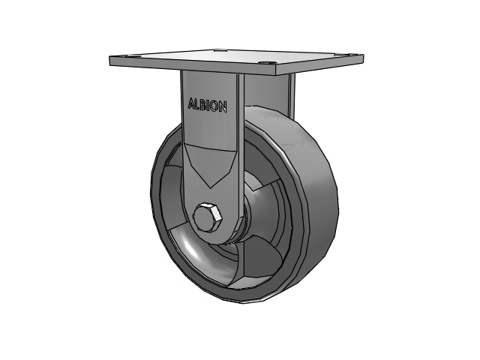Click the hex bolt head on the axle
point(207,216)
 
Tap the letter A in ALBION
point(192,103)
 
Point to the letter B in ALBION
point(203,105)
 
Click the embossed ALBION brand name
point(207,105)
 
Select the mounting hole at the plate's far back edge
point(220,49)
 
